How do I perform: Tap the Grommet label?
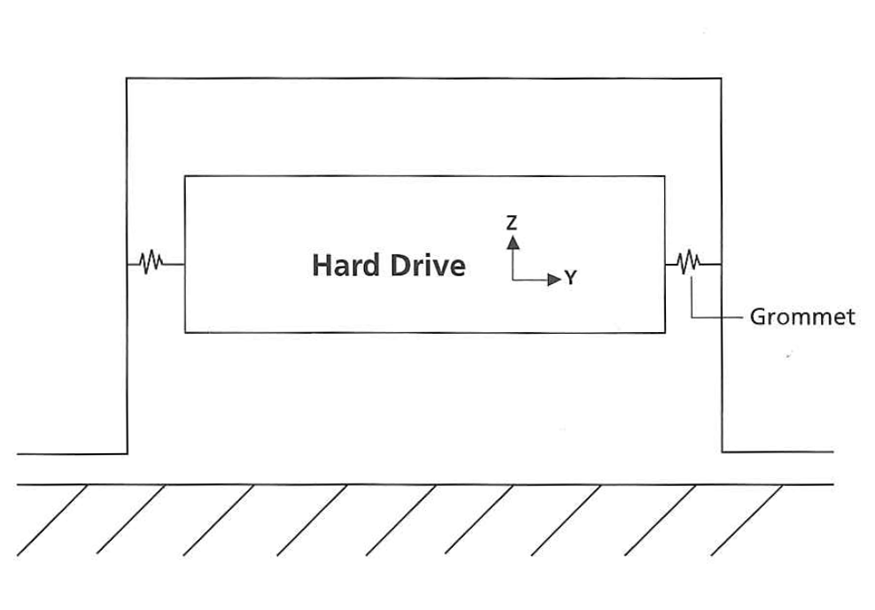tap(802, 316)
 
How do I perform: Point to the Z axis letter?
tap(511, 223)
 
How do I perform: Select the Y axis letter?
tap(571, 279)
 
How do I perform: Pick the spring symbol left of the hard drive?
tap(151, 262)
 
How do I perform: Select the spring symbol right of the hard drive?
tap(689, 262)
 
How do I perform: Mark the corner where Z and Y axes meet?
tap(512, 280)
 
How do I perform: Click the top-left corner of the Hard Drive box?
tap(184, 176)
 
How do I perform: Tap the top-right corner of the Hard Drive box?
tap(664, 176)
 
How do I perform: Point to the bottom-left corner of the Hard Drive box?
tap(184, 332)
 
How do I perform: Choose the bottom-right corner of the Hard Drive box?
tap(664, 332)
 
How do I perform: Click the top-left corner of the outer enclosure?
tap(127, 79)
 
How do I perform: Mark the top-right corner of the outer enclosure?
tap(722, 79)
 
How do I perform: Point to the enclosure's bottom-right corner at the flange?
tap(722, 452)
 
